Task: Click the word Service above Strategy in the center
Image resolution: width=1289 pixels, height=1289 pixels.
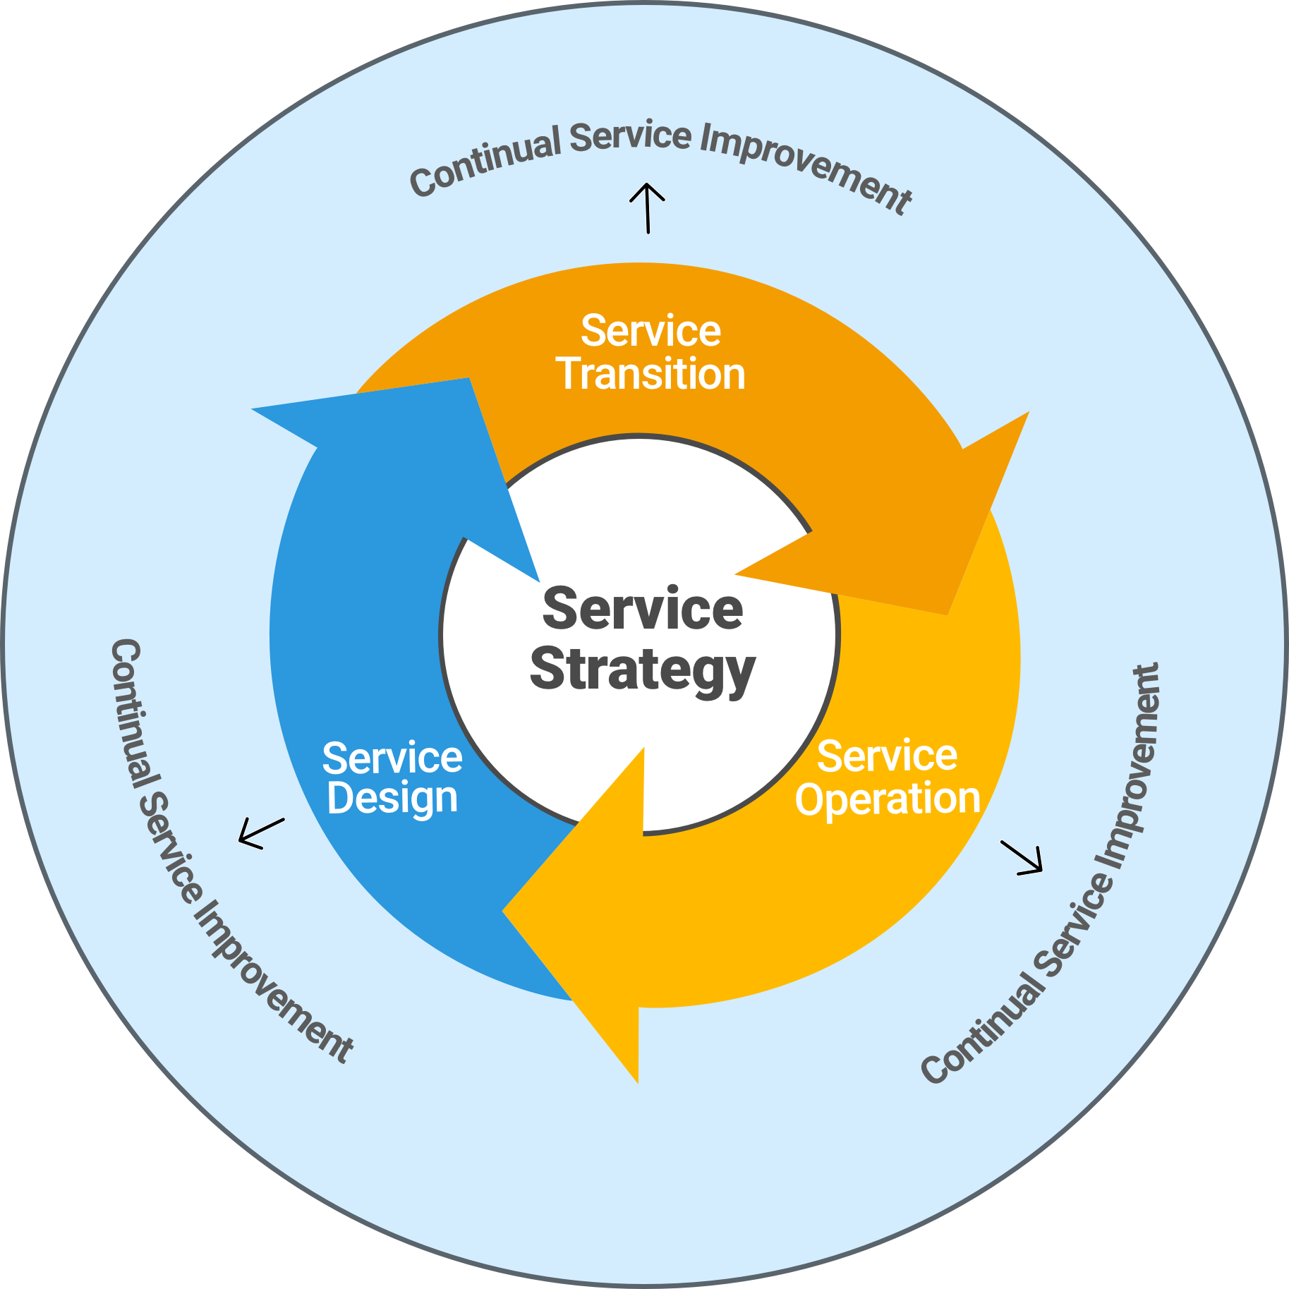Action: pyautogui.click(x=642, y=609)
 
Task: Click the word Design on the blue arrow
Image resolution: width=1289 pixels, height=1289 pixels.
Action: pyautogui.click(x=392, y=798)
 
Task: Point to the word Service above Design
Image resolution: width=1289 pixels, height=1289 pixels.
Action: pyautogui.click(x=392, y=757)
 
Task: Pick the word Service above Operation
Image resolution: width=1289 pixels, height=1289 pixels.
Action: pyautogui.click(x=887, y=756)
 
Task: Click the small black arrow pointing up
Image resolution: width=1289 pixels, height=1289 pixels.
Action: pyautogui.click(x=647, y=208)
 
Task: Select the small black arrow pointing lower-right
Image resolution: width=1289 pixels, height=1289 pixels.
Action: pyautogui.click(x=1022, y=858)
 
